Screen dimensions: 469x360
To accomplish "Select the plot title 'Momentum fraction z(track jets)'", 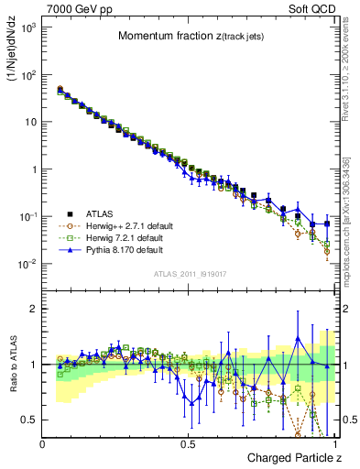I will click(190, 36).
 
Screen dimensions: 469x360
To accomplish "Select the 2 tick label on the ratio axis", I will click(34, 309).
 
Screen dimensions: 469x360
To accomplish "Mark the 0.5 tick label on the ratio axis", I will click(30, 420).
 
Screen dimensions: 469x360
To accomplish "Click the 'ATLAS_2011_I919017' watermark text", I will click(188, 274).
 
